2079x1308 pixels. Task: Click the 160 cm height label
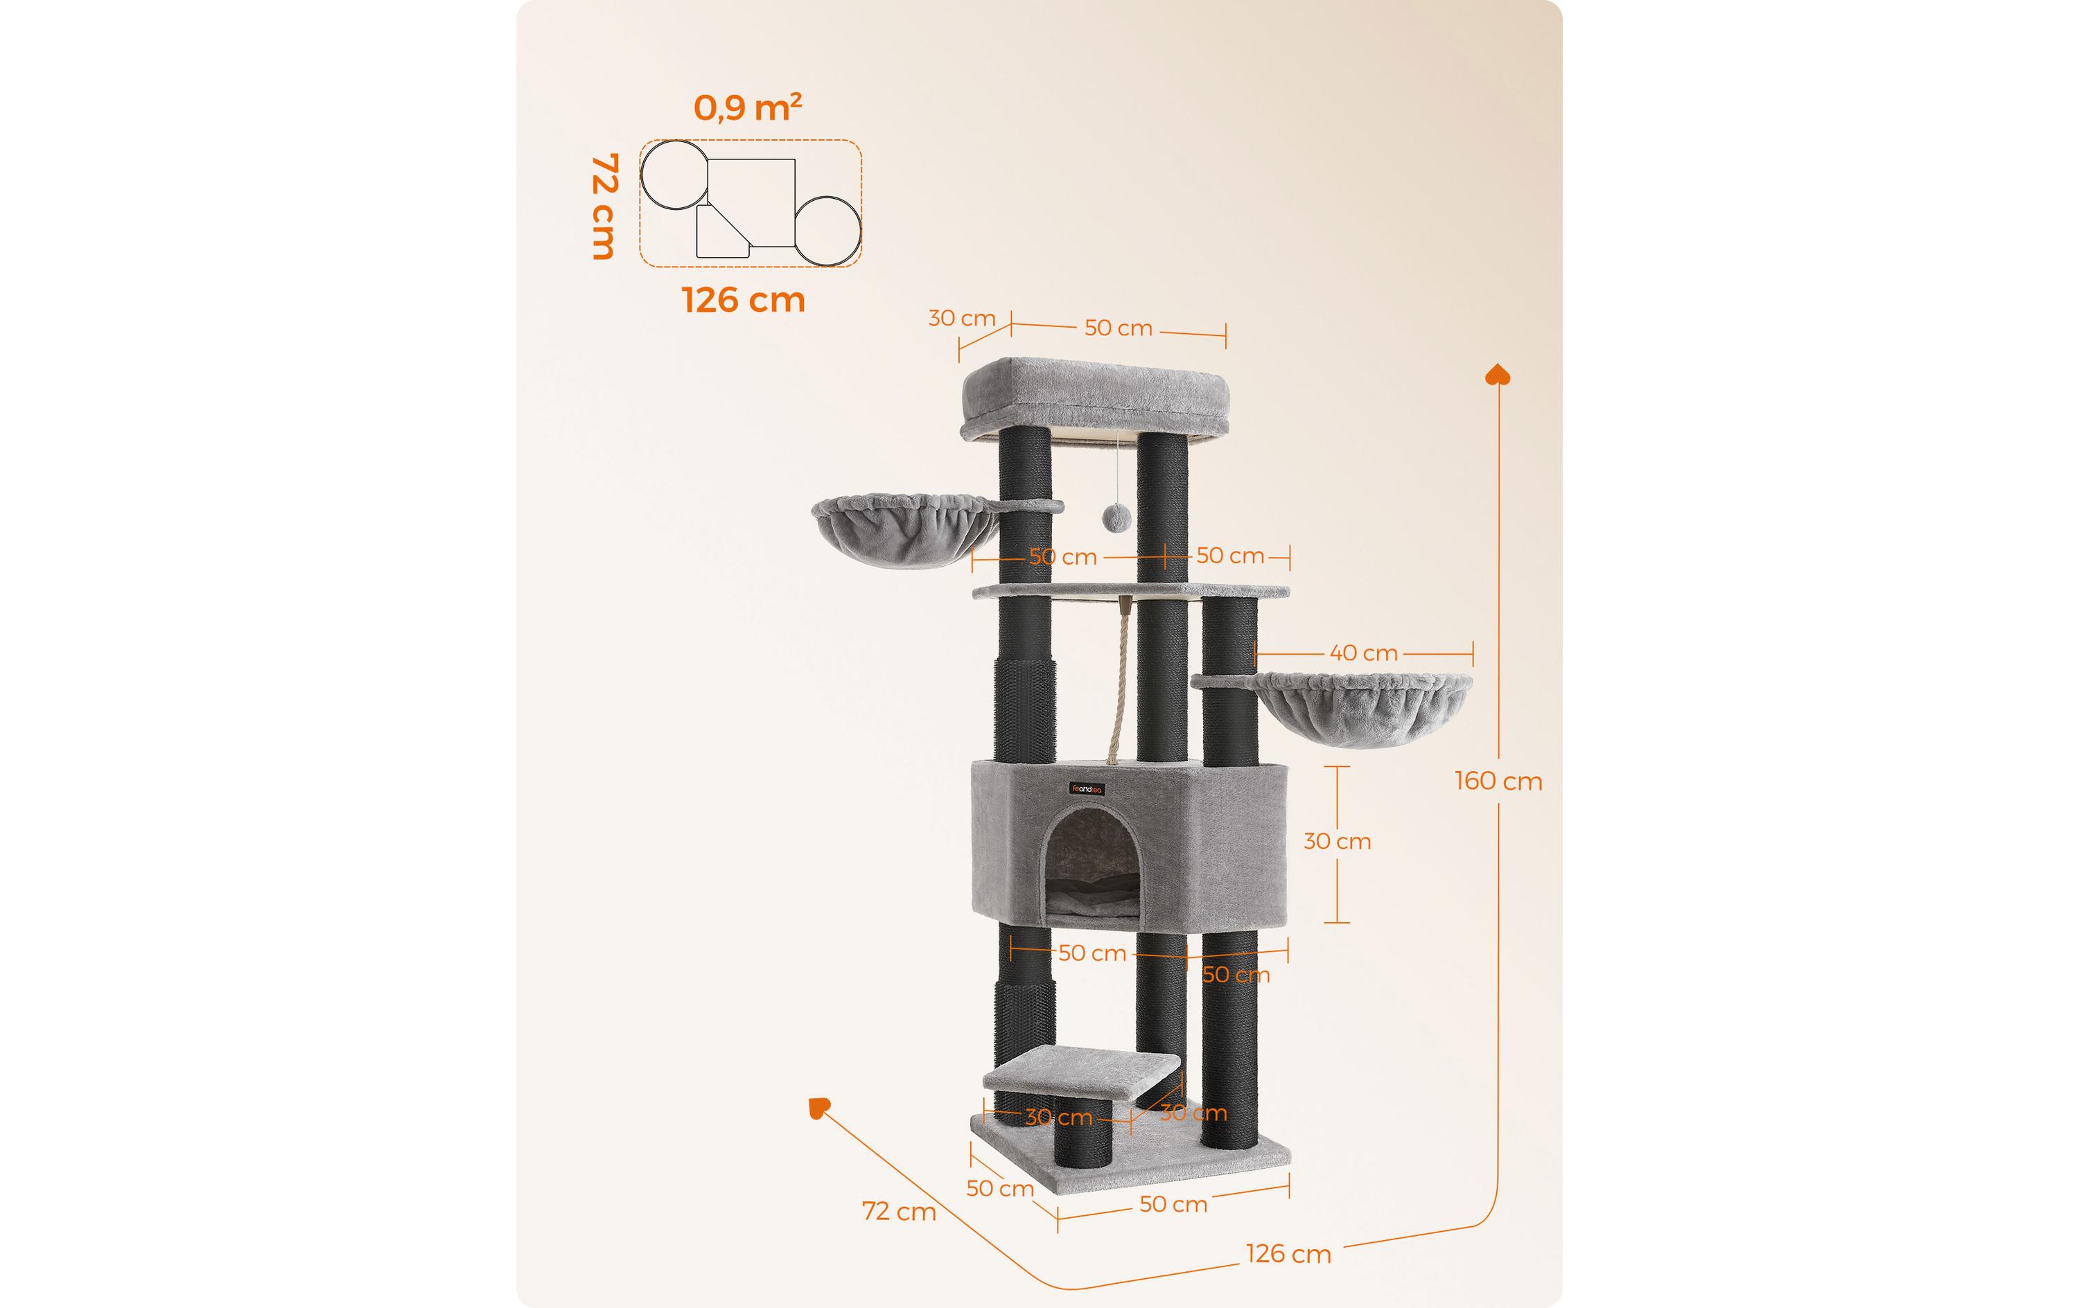pyautogui.click(x=1498, y=781)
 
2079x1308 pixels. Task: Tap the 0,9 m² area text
pyautogui.click(x=748, y=108)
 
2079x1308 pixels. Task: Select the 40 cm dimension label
pyautogui.click(x=1363, y=653)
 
